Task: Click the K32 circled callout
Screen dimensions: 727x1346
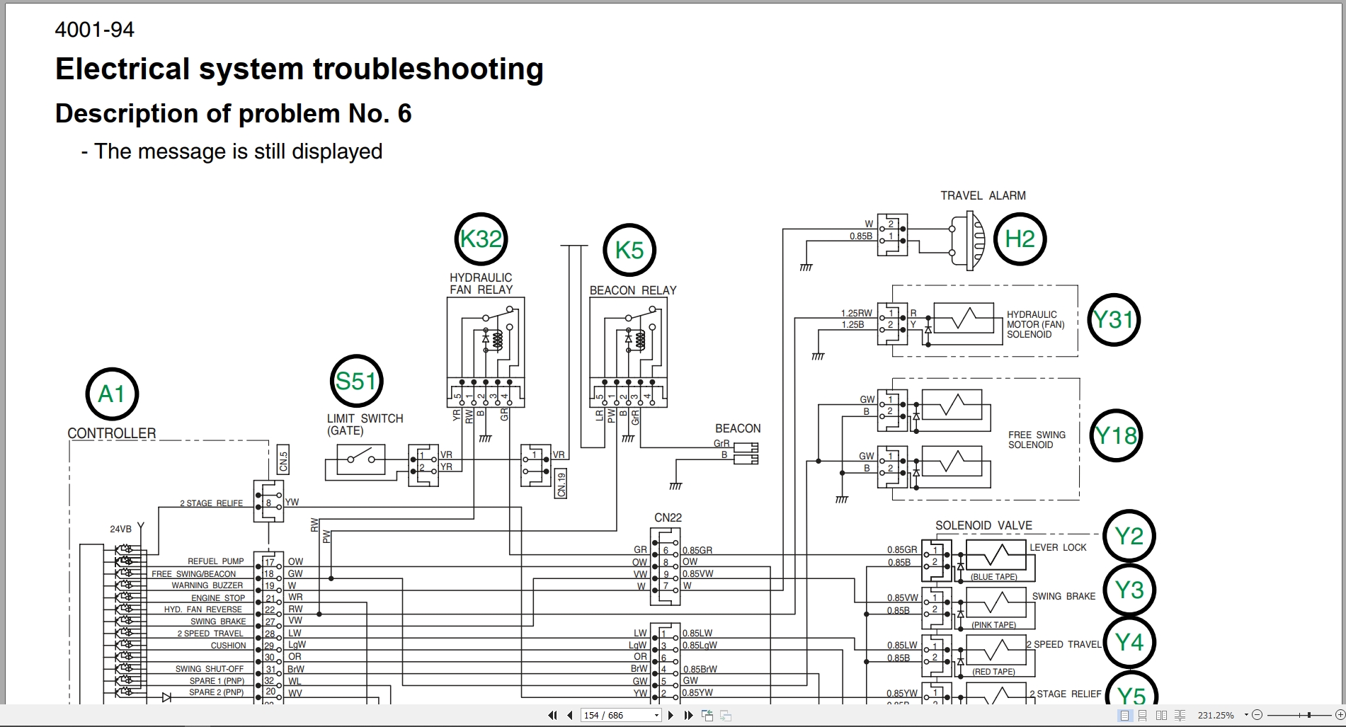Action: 481,239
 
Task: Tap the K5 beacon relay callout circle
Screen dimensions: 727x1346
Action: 629,250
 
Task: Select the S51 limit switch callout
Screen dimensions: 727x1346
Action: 356,382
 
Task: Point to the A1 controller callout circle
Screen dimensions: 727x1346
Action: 112,394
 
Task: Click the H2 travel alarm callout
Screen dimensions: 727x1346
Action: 1020,239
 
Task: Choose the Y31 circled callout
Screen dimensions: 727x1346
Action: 1113,320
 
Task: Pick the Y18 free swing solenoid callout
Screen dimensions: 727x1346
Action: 1116,435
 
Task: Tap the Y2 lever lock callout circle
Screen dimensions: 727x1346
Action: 1129,537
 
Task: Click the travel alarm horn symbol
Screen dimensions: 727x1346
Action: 969,241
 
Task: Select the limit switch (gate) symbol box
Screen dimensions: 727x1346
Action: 361,460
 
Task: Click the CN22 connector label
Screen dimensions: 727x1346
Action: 668,518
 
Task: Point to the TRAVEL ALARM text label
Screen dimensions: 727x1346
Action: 983,196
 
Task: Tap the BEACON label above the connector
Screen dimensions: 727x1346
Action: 738,429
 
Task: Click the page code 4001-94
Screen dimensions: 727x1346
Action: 94,30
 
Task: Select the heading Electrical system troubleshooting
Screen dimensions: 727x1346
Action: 299,69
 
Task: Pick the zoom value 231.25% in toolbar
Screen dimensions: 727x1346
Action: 1216,716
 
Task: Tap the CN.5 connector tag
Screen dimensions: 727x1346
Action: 284,460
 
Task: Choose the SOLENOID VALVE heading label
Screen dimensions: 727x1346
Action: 983,526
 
